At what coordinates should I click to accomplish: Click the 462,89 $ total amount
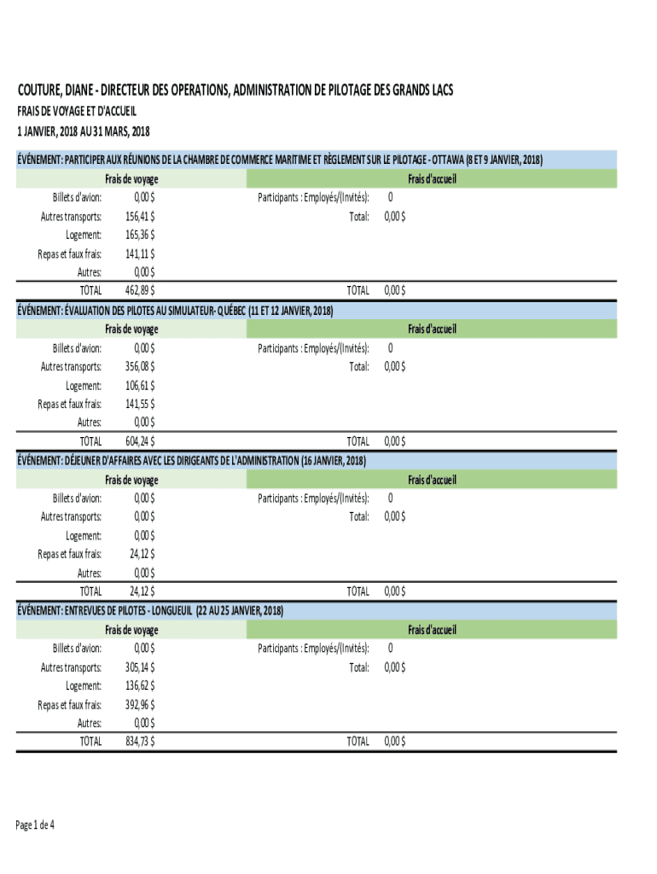[x=140, y=291]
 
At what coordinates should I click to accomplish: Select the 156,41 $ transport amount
[x=140, y=216]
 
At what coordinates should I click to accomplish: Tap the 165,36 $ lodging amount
[x=140, y=235]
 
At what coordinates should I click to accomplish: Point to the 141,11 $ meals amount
[x=140, y=253]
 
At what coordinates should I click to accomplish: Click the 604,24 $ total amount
[x=140, y=441]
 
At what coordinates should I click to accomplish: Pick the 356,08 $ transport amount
[x=140, y=366]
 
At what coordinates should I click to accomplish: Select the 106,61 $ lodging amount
[x=140, y=385]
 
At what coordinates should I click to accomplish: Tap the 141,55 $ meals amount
[x=140, y=404]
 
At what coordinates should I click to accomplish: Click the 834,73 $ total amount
[x=140, y=742]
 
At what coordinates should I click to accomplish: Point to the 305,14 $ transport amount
[x=140, y=667]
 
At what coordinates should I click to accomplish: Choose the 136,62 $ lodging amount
[x=140, y=685]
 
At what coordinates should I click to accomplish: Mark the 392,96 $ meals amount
[x=140, y=704]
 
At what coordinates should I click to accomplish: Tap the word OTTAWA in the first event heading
[x=448, y=160]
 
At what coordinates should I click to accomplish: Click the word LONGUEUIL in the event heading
[x=167, y=611]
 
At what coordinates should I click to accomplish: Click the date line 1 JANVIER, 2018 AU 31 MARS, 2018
[x=84, y=131]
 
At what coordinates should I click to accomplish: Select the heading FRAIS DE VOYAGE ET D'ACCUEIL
[x=78, y=111]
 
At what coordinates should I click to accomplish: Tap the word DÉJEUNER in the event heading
[x=90, y=461]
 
